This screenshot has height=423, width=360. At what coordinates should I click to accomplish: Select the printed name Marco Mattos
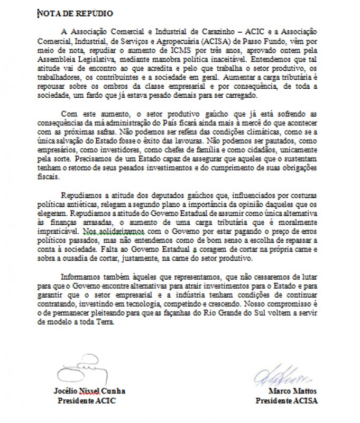click(288, 392)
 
